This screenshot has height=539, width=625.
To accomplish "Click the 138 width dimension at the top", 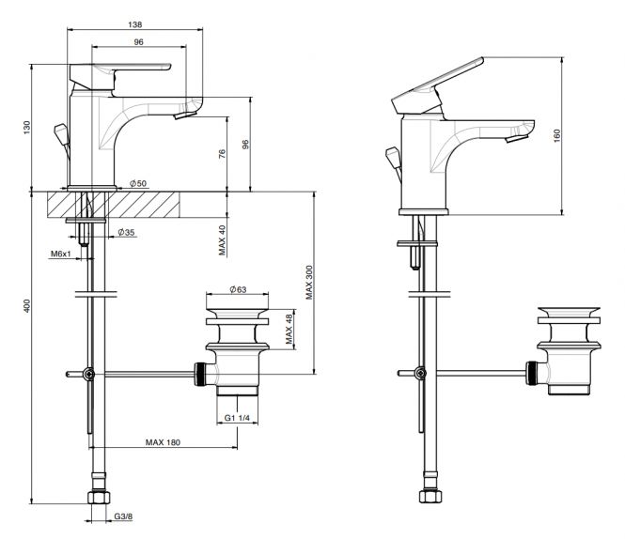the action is tap(135, 24).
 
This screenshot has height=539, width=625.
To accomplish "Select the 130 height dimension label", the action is tap(26, 128).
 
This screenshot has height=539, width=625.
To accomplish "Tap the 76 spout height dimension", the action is tap(222, 154).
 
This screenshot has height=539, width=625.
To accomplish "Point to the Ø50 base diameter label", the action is tap(138, 183).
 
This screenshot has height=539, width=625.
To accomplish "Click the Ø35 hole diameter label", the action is tap(126, 232).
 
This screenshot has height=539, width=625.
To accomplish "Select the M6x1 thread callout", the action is tap(60, 254).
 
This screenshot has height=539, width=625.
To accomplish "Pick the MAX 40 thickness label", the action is tap(222, 240).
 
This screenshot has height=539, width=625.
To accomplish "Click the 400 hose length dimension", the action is tap(26, 306).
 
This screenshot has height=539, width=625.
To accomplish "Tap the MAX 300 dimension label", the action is tap(309, 283).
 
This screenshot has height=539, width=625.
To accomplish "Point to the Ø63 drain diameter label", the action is tap(238, 289).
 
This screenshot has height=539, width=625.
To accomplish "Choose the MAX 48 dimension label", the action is tap(289, 329).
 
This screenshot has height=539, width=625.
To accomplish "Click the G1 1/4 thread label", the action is tap(237, 418).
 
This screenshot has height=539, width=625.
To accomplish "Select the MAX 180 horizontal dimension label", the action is tap(163, 442).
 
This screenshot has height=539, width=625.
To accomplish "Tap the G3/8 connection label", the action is tap(123, 516).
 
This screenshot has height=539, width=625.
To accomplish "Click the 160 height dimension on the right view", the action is tap(556, 135).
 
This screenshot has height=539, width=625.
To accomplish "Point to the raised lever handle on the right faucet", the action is tap(438, 85).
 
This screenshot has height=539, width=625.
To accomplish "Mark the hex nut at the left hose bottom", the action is tap(98, 498).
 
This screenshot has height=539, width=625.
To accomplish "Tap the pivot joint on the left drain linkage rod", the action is tap(89, 374).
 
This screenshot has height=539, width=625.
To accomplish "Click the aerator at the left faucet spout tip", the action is tap(185, 115).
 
